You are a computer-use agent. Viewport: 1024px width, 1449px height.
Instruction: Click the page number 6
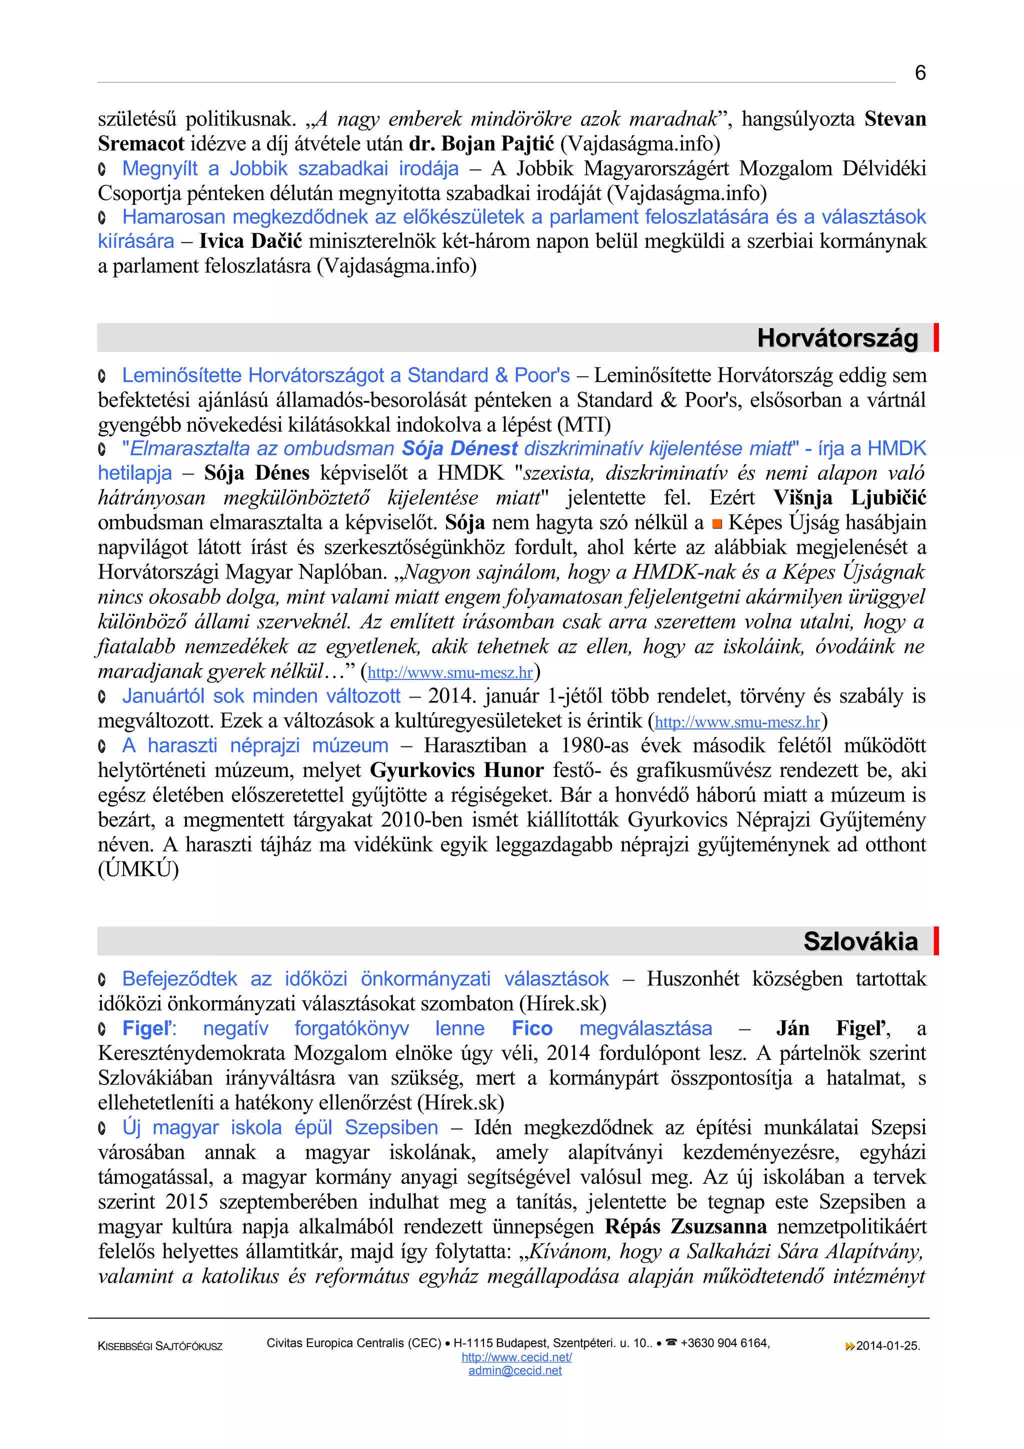920,73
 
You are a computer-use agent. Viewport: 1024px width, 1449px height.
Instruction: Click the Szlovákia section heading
860,941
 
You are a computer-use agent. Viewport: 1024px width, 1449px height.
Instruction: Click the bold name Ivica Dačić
250,241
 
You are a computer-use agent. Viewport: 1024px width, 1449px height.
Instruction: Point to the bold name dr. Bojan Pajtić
481,144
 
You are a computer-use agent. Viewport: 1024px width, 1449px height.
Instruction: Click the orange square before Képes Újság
716,524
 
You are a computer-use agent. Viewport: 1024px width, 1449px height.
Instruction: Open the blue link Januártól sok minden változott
261,695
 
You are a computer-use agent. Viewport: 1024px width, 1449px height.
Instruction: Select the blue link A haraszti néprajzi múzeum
255,745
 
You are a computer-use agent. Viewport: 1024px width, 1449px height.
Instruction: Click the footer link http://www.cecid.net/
516,1357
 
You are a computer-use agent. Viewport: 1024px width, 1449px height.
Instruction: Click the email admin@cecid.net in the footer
515,1370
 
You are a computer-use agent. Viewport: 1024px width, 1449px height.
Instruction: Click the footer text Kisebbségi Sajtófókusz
160,1346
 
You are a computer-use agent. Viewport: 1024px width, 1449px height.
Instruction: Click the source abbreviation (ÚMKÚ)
138,869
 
